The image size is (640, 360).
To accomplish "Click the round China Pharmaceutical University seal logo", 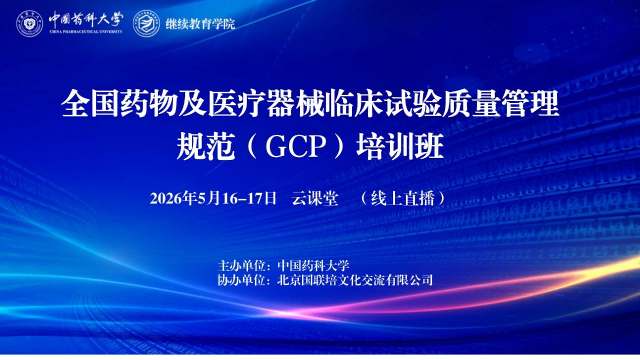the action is [30, 23].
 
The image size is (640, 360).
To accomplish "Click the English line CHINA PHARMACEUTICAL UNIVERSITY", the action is [86, 32].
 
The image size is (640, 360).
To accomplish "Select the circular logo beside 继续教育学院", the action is [146, 23].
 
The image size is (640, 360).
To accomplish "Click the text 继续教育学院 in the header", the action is [201, 24].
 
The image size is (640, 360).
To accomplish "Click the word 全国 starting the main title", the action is [89, 103].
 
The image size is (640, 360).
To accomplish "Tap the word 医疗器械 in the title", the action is [266, 103].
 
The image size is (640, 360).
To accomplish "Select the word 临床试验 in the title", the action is [383, 103].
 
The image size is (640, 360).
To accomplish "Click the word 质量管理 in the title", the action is [501, 103].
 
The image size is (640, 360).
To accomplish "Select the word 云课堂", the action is [315, 198].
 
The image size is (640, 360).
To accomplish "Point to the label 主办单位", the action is [241, 266].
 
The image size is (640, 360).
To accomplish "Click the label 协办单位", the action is [241, 280].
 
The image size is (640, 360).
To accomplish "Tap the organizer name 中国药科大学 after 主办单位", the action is [313, 266].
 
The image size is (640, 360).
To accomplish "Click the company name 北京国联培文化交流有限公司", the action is [355, 280].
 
